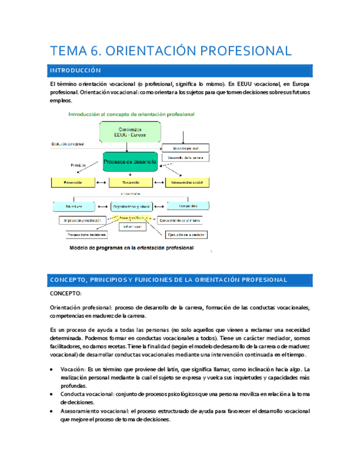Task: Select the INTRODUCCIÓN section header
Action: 75,71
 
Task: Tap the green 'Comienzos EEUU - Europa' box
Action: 130,132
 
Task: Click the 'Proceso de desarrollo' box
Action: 130,162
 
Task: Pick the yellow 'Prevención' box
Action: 73,182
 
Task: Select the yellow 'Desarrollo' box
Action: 131,182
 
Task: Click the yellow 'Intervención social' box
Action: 189,182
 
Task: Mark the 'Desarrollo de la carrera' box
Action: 185,158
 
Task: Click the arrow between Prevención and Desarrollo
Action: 102,182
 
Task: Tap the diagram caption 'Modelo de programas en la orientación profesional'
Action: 131,248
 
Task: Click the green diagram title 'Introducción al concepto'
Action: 131,114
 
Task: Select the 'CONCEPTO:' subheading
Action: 65,295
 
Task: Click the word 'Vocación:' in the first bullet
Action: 74,369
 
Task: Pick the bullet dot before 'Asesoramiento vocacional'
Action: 52,412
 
